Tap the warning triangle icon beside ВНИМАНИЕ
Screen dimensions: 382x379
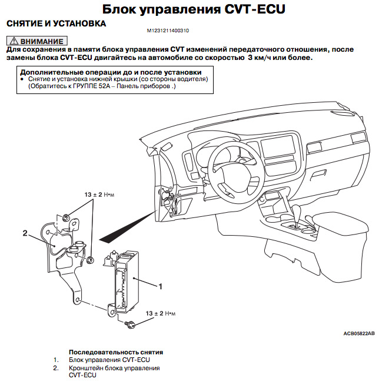(x=13, y=42)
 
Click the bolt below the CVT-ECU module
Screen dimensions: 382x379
(x=130, y=324)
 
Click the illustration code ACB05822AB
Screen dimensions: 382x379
(x=358, y=333)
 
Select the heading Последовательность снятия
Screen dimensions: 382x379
(x=116, y=351)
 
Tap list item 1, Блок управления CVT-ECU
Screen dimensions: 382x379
(x=109, y=359)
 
